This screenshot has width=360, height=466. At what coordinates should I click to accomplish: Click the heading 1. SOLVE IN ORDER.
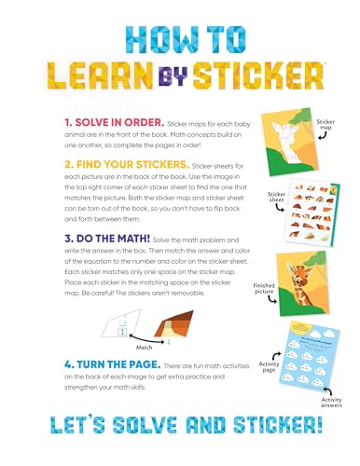77,122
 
